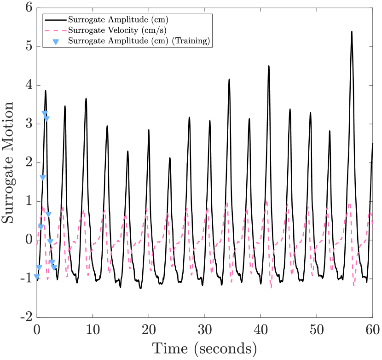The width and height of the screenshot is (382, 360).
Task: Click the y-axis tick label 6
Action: click(29, 8)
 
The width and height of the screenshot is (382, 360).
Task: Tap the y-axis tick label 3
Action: click(29, 124)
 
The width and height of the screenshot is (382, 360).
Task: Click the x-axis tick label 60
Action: click(372, 330)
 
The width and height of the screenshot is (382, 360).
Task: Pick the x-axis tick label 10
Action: click(93, 330)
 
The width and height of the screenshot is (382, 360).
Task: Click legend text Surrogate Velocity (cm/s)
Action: click(117, 30)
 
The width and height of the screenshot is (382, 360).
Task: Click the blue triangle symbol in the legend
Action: click(56, 41)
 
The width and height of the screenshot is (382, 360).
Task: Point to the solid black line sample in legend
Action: click(56, 20)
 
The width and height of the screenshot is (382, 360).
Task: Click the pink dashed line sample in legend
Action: click(56, 30)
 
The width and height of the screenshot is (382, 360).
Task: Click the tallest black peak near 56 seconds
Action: click(352, 32)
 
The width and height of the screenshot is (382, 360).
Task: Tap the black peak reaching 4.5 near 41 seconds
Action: click(269, 66)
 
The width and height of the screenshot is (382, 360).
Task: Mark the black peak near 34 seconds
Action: click(229, 80)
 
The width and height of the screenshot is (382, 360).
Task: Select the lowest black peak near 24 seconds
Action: click(169, 158)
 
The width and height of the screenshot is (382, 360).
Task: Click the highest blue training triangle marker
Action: click(45, 113)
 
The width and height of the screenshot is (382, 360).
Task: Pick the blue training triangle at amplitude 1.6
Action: click(43, 178)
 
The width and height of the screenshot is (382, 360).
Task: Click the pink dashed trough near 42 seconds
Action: click(272, 287)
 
